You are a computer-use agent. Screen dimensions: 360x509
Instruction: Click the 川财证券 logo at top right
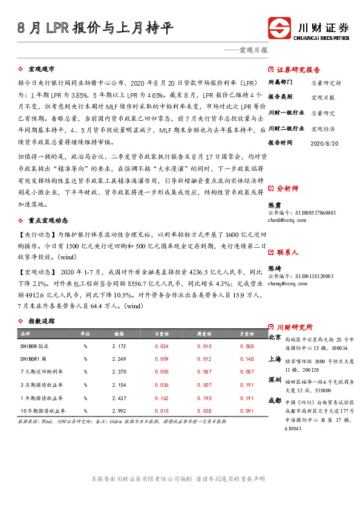[309, 28]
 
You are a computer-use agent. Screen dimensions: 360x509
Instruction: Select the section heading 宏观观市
[42, 70]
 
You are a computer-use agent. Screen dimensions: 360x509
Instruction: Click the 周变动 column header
[204, 334]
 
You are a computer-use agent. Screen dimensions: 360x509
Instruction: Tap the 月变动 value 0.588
[246, 346]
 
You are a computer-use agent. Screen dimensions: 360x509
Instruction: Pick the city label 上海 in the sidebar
[274, 358]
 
